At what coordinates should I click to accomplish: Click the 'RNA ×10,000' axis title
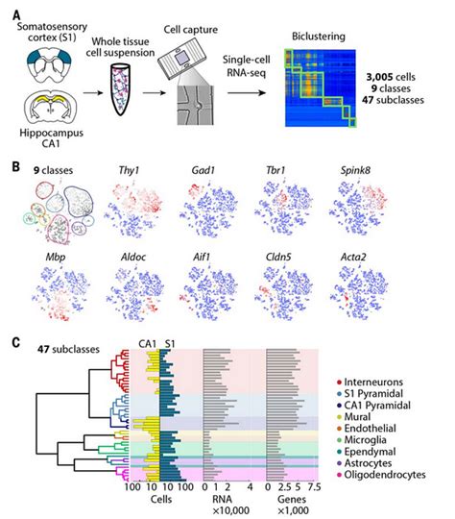pos(227,506)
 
